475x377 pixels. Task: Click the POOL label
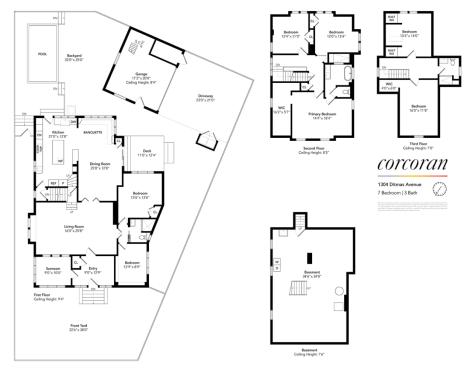pyautogui.click(x=41, y=55)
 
